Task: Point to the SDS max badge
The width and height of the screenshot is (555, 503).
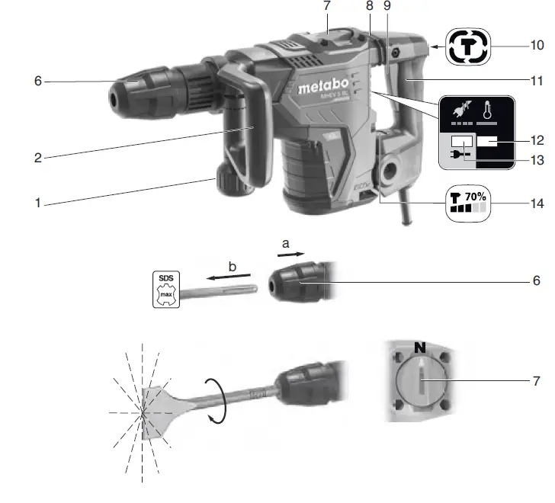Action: (165, 288)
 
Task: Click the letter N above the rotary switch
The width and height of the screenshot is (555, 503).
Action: (419, 348)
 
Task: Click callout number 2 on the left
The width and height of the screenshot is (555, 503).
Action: (37, 158)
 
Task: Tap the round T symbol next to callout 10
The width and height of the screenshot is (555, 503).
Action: (467, 46)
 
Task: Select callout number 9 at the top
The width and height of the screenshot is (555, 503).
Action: (388, 6)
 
